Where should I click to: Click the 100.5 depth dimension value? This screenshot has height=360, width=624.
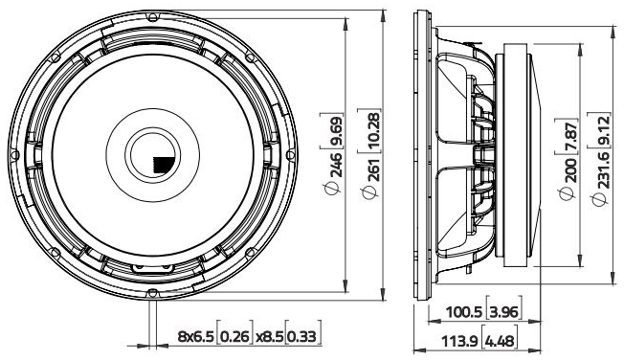point(465,312)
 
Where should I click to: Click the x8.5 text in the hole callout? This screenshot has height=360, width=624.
point(268,336)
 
